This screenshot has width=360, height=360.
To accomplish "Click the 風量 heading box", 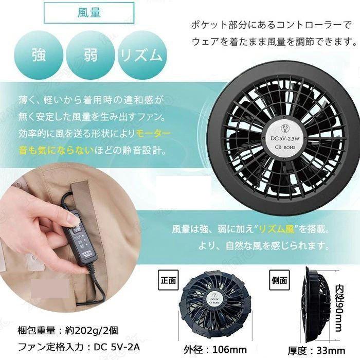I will (x=89, y=13).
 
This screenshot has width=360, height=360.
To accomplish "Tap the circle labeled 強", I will (x=39, y=56).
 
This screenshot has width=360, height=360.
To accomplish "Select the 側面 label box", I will (x=281, y=281).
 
